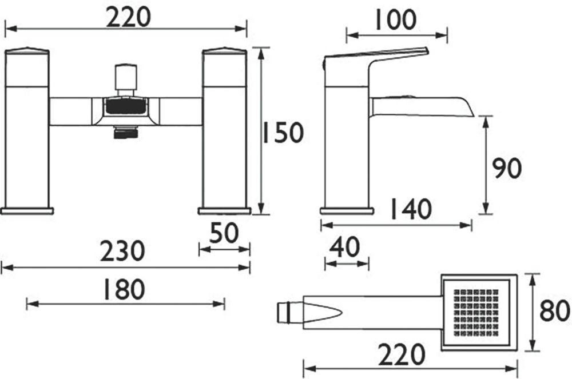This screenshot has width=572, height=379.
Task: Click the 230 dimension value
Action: (122, 251)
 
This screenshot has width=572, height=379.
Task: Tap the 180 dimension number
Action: (124, 289)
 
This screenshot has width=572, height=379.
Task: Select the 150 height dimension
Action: (283, 132)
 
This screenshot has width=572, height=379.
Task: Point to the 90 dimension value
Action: (506, 168)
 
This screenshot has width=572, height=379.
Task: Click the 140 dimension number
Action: (411, 209)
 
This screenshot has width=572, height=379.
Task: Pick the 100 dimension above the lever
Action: (395, 19)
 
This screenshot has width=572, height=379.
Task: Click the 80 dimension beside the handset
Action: (554, 311)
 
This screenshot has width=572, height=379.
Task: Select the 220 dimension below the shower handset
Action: (402, 354)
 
